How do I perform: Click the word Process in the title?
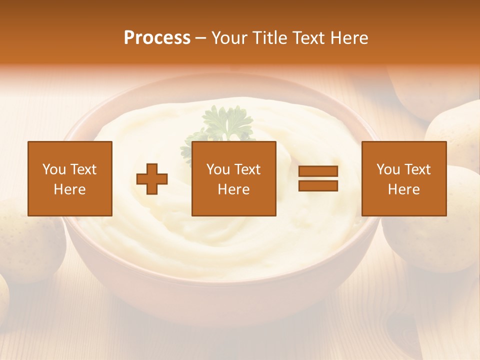click(157, 38)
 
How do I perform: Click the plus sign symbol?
click(152, 179)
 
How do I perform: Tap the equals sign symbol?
click(318, 178)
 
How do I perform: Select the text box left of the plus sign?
click(69, 178)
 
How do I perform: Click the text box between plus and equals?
click(233, 178)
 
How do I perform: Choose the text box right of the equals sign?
click(403, 178)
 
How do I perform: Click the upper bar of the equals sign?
click(318, 171)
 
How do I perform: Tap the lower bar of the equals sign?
click(318, 185)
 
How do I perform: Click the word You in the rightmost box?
click(388, 169)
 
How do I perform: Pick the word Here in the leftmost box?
click(69, 189)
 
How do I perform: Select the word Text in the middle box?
click(247, 169)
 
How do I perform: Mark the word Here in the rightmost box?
click(403, 189)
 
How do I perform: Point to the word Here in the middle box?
click(233, 189)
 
